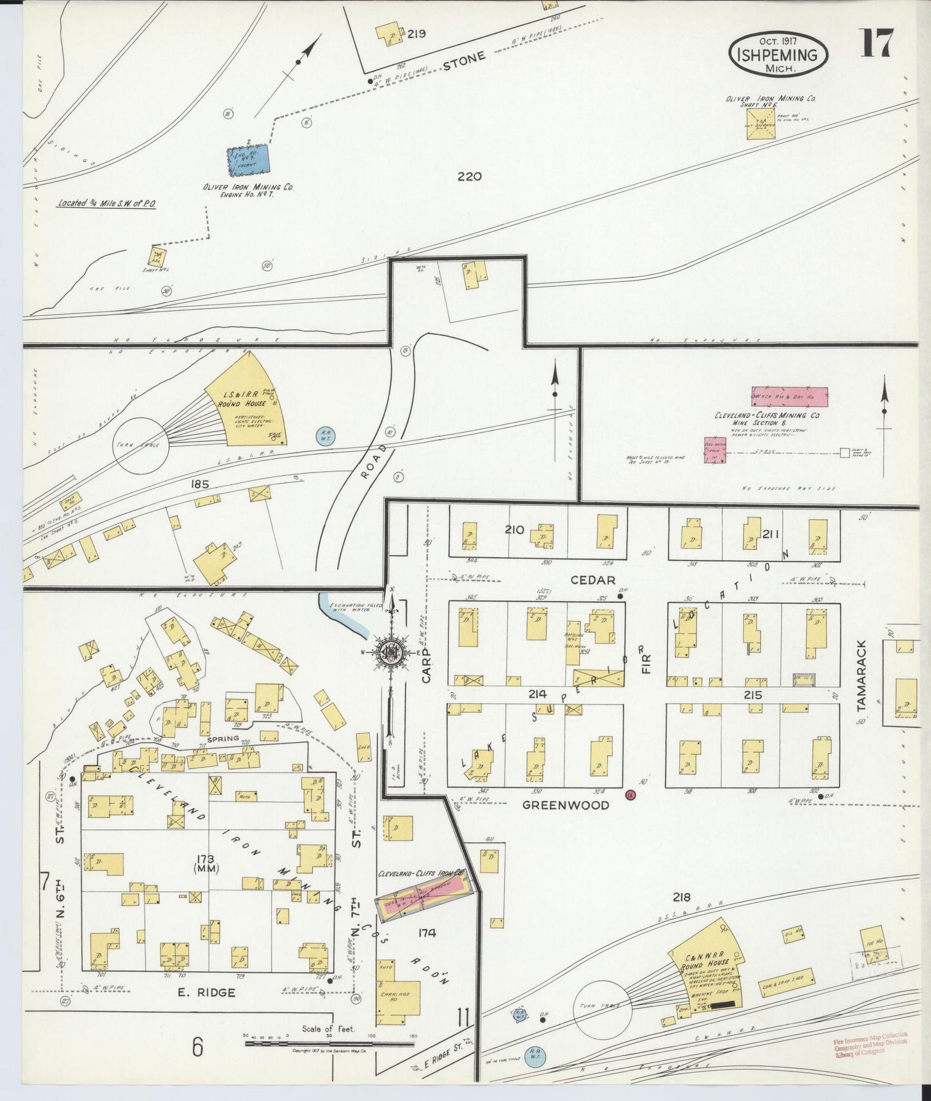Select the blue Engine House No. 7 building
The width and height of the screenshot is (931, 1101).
point(249,159)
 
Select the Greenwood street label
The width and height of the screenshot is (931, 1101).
point(566,805)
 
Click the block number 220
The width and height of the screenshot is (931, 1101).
point(469,176)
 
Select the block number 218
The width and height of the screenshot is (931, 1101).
point(681,897)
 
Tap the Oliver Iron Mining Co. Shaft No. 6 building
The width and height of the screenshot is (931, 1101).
point(761,122)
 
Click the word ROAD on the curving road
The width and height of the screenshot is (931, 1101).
point(369,462)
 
